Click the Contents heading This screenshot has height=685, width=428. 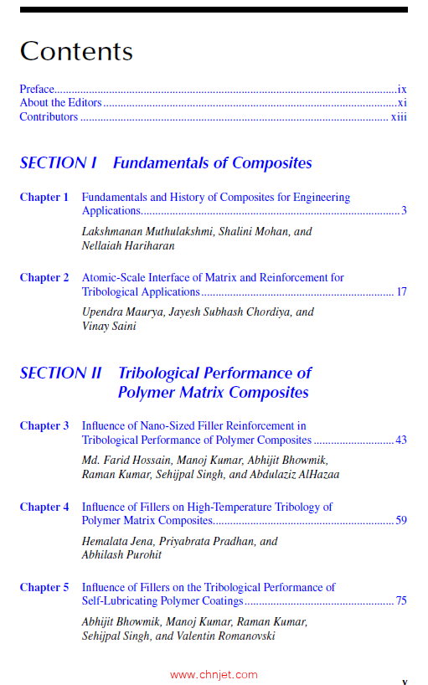pyautogui.click(x=76, y=51)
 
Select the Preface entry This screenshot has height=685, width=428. pyautogui.click(x=37, y=88)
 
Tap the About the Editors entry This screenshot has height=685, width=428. pyautogui.click(x=60, y=102)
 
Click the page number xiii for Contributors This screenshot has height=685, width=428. pyautogui.click(x=399, y=116)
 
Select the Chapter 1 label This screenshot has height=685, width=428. pyautogui.click(x=44, y=197)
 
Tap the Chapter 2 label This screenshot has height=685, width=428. pyautogui.click(x=44, y=277)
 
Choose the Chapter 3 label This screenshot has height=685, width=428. pyautogui.click(x=44, y=425)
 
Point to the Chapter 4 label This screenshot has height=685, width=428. pyautogui.click(x=44, y=507)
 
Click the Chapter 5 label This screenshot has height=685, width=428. pyautogui.click(x=44, y=587)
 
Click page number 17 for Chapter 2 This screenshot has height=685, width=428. pyautogui.click(x=401, y=291)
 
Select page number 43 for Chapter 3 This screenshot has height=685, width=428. pyautogui.click(x=401, y=440)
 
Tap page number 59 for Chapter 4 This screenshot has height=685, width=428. pyautogui.click(x=401, y=520)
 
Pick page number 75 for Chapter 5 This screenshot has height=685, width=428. pyautogui.click(x=401, y=600)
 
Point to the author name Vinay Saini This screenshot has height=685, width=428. pyautogui.click(x=109, y=326)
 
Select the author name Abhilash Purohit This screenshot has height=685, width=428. pyautogui.click(x=121, y=554)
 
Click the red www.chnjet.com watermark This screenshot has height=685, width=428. pyautogui.click(x=214, y=674)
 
